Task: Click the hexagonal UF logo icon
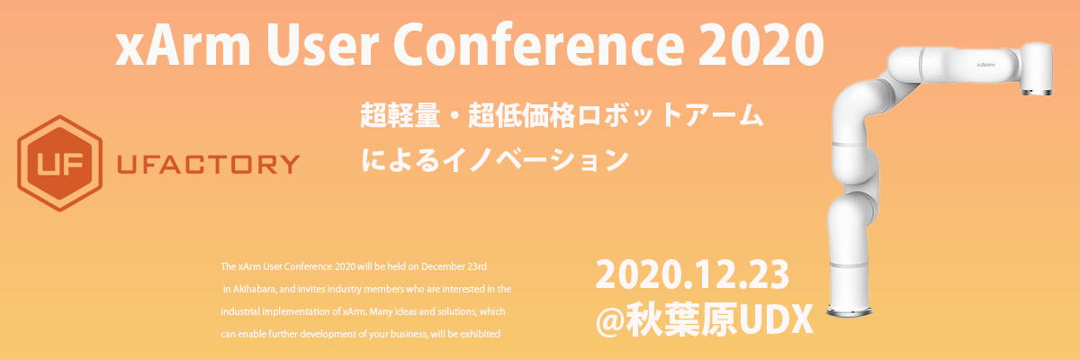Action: coord(59,163)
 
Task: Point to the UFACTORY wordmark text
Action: coord(208,165)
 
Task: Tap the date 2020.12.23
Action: coord(692,274)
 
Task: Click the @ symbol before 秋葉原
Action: coord(610,319)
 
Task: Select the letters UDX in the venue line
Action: coord(775,319)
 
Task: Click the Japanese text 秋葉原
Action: coord(681,319)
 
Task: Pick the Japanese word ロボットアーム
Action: coord(670,116)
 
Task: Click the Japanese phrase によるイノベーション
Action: coord(495,160)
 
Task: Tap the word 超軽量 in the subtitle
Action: coord(400,116)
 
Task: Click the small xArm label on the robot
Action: coord(985,65)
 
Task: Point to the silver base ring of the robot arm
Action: coord(850,310)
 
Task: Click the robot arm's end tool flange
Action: coord(1036,92)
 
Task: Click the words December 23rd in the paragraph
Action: coord(454,266)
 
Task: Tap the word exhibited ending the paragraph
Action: coord(480,334)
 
